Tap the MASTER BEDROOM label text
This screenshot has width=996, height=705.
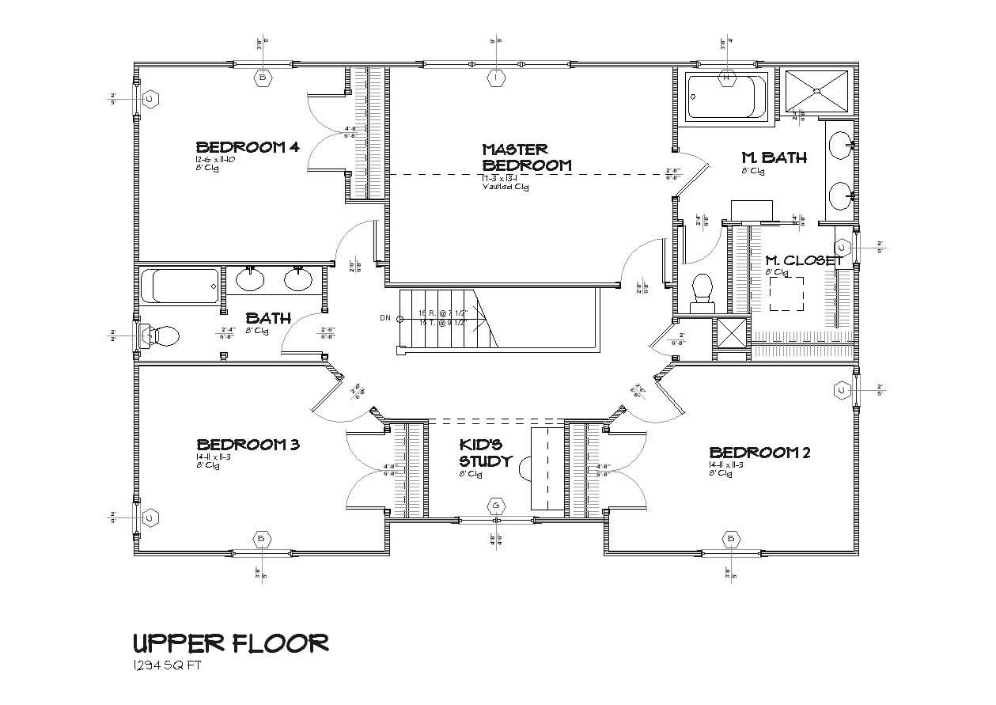[526, 157]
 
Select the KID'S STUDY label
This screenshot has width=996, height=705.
[486, 453]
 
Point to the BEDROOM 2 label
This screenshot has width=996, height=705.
[759, 453]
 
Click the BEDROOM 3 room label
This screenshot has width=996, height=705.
[248, 445]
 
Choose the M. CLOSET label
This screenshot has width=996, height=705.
[803, 260]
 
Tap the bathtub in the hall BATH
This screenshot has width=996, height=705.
[180, 286]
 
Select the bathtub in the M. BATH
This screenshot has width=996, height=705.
[726, 97]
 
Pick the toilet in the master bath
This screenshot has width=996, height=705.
[703, 291]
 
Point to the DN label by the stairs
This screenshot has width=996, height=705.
[385, 318]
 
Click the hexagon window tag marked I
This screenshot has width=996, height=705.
[495, 78]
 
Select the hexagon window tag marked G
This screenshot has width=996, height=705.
[496, 505]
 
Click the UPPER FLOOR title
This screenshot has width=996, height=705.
[230, 642]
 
